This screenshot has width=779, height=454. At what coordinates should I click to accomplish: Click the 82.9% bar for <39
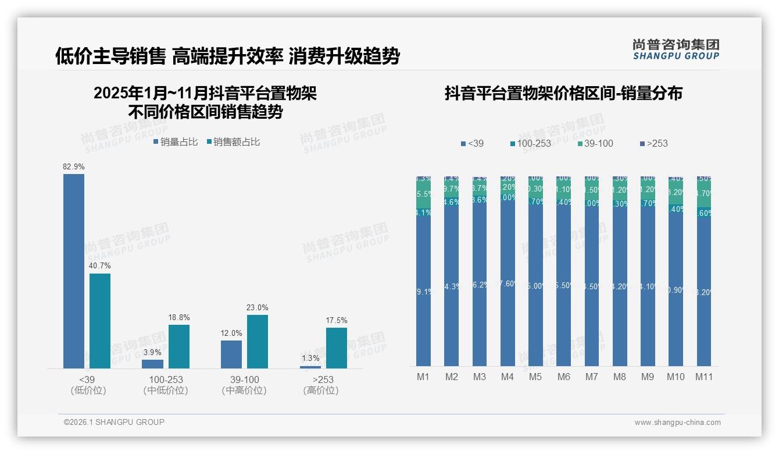(74, 271)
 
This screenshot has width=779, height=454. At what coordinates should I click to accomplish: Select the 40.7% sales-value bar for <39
(100, 321)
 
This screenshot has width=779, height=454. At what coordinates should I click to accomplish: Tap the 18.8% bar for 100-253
(179, 346)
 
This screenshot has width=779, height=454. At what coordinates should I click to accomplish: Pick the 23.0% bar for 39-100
(258, 342)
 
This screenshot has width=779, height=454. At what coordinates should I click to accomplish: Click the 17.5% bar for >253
(337, 348)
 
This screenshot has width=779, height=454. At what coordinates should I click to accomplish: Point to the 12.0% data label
(231, 333)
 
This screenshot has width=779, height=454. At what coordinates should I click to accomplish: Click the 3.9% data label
(152, 352)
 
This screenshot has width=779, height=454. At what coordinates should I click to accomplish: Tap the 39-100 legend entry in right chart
(596, 143)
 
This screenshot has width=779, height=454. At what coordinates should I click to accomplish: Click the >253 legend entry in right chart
(653, 143)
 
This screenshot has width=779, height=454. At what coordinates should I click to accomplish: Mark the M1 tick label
(423, 377)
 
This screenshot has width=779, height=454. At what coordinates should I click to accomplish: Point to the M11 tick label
(704, 377)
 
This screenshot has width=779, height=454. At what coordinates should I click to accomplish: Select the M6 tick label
(563, 377)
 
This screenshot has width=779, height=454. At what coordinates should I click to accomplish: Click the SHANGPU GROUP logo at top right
(676, 49)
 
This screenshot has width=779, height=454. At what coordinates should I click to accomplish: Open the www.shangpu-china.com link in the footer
(677, 423)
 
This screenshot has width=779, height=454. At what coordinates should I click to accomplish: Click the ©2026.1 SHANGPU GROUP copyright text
(114, 422)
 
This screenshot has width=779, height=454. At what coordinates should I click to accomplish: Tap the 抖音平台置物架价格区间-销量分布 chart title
(563, 93)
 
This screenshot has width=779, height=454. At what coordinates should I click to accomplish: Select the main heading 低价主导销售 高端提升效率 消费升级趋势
(227, 56)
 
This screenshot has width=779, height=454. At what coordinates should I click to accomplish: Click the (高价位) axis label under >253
(320, 391)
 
